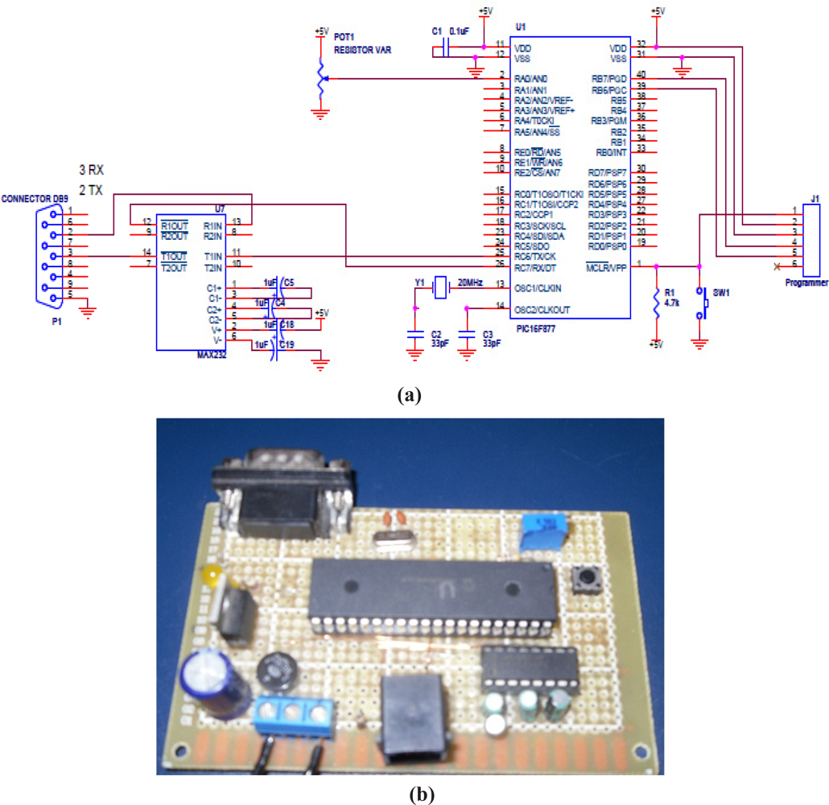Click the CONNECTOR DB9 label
(36, 198)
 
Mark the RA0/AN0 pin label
(531, 79)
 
